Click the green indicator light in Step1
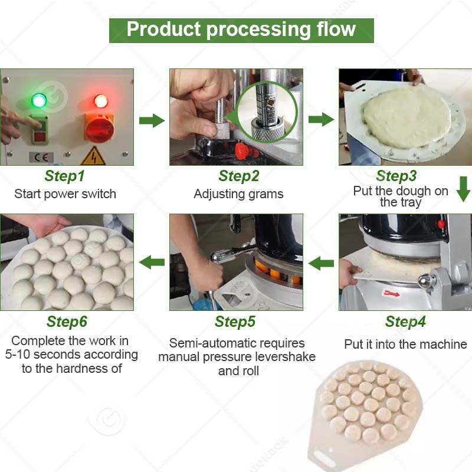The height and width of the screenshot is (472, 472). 39,100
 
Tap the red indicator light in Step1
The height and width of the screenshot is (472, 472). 101,101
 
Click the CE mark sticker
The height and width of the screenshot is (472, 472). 37,158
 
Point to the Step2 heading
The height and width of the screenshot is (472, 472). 238,176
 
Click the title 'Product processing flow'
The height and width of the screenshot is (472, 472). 241,29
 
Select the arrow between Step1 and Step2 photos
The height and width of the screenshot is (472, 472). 152,121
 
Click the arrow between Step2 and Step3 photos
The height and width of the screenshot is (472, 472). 321,120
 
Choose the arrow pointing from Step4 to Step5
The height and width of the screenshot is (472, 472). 322,263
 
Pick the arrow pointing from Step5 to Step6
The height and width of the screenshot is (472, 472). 152,262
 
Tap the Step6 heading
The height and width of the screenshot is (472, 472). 67,322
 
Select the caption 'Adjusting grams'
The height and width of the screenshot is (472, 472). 238,194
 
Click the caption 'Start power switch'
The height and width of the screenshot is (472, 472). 65,194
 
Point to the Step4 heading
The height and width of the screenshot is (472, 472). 405,322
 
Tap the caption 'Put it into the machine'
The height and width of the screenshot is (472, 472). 405,344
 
